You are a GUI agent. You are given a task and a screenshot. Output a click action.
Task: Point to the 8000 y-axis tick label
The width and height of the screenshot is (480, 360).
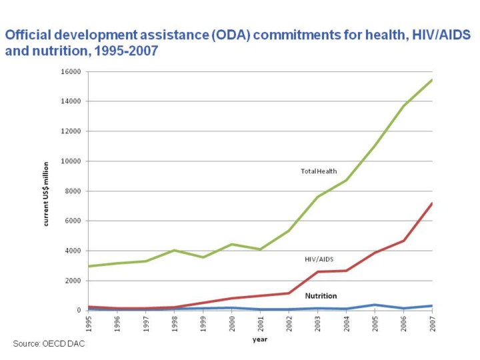73,191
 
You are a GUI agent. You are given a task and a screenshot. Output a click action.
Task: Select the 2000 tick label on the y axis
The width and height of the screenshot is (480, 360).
73,281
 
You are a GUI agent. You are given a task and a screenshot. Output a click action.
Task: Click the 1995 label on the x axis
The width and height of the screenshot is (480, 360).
89,323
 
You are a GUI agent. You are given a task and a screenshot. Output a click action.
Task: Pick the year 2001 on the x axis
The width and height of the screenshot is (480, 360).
261,323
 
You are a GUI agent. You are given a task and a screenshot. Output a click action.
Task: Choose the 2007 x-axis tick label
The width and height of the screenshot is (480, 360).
433,323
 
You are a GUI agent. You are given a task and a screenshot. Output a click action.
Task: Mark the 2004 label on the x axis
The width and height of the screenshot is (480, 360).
347,323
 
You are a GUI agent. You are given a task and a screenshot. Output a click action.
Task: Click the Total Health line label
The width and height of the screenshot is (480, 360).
319,171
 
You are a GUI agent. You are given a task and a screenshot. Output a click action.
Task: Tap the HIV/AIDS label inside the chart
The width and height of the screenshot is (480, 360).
318,259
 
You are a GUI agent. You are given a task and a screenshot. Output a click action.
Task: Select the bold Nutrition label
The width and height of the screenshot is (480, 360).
321,295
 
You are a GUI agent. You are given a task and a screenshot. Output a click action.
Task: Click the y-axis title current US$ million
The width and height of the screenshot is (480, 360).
47,194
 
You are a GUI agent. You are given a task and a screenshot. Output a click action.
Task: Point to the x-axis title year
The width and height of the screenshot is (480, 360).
260,340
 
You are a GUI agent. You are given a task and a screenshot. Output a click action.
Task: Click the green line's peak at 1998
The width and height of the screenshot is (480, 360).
175,251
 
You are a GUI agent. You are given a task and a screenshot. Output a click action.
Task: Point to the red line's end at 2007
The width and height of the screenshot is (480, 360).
432,203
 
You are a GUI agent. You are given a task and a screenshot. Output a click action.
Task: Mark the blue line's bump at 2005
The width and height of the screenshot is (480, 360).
375,305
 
